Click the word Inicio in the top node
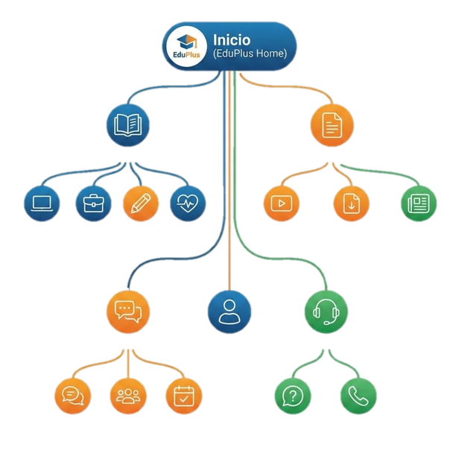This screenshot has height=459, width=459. (232, 39)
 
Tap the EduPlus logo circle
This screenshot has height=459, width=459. (186, 47)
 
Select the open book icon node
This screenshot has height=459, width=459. (128, 124)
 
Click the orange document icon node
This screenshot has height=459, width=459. (332, 124)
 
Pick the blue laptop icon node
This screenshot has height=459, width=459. (42, 203)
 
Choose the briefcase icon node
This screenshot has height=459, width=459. (94, 203)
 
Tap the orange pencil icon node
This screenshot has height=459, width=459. (140, 203)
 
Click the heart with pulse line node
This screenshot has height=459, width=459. (187, 203)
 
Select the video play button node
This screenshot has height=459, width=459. (281, 203)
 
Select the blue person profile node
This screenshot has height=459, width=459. (229, 311)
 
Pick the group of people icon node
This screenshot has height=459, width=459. (127, 396)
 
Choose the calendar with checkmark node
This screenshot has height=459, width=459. (183, 396)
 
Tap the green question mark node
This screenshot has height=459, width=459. (294, 396)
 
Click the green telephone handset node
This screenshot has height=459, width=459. (358, 396)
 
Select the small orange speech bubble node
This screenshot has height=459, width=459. (73, 396)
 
